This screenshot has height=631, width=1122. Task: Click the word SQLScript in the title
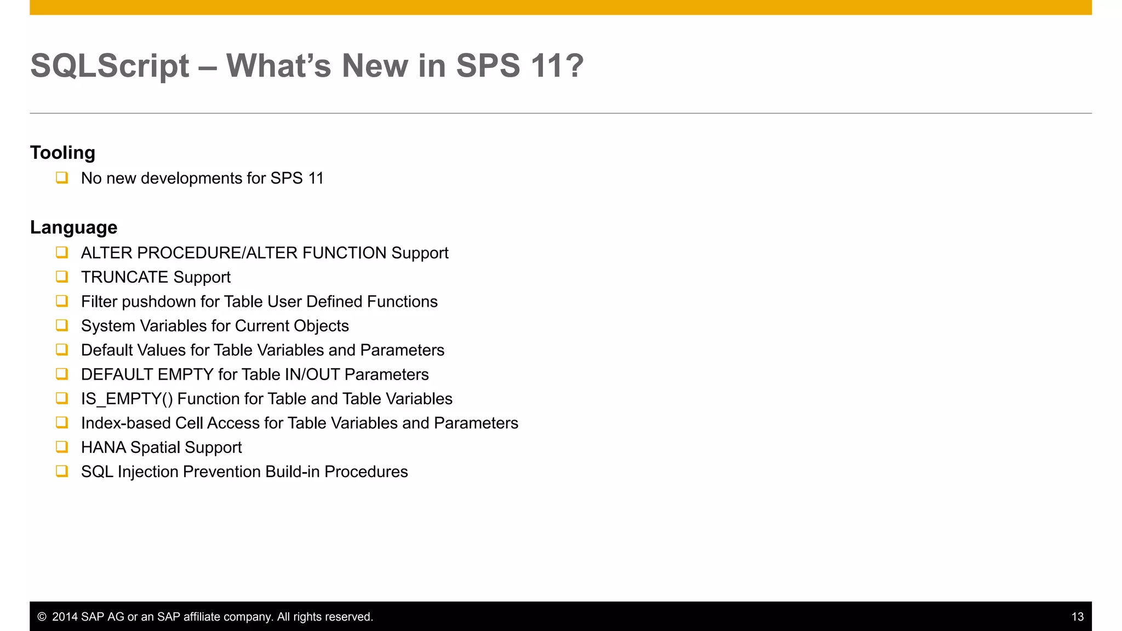pos(110,66)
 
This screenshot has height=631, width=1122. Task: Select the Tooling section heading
pos(62,152)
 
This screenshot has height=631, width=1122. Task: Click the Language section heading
pos(73,227)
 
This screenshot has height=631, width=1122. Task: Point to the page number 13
pos(1077,617)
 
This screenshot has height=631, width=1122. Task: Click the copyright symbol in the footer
pos(42,617)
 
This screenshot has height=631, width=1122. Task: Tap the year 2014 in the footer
pos(65,617)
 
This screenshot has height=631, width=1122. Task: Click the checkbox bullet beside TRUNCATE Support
pos(62,277)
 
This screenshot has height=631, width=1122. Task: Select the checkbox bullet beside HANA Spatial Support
pos(62,447)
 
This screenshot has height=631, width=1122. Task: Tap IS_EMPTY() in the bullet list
pos(127,399)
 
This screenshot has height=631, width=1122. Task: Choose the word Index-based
pos(126,423)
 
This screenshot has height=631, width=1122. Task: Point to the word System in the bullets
pos(108,326)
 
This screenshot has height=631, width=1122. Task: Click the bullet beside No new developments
pos(62,177)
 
